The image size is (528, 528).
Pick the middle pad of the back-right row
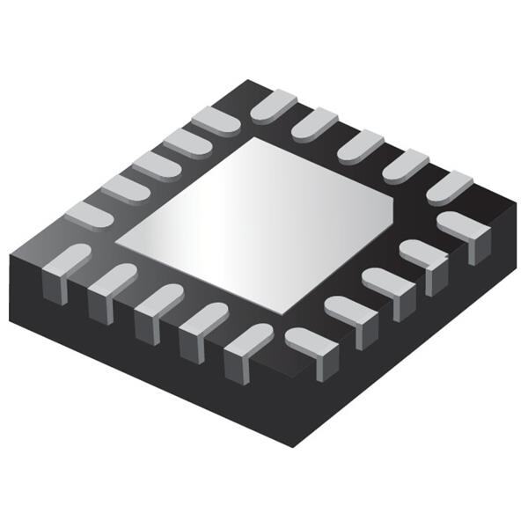[x=362, y=143]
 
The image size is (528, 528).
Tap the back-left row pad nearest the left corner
[x=89, y=213]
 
